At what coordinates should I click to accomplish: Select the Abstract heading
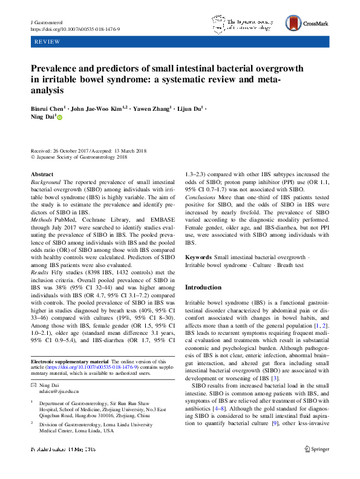[42, 174]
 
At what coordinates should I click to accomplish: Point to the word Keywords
[198, 258]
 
